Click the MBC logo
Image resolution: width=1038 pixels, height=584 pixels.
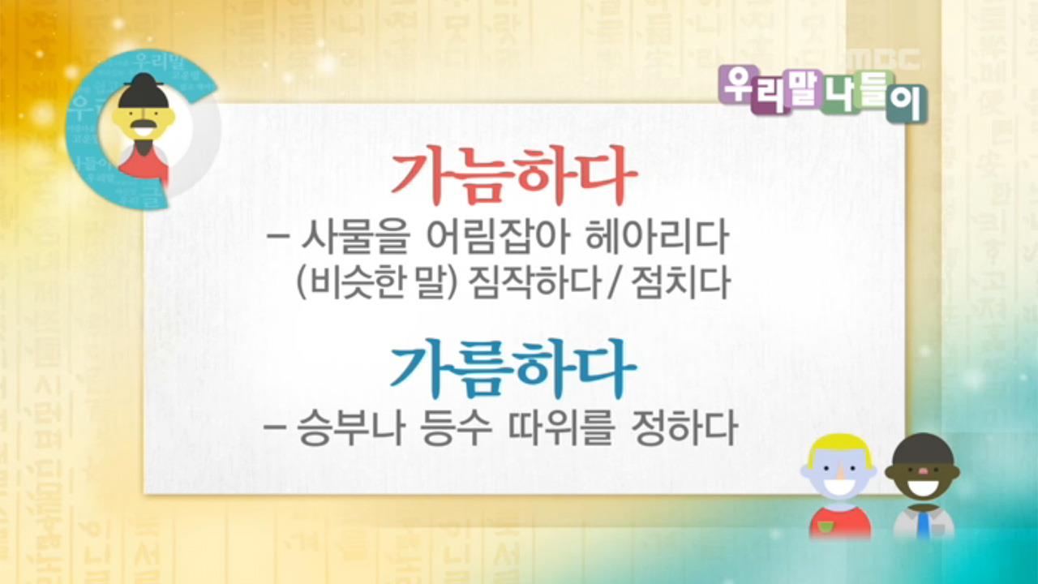pyautogui.click(x=884, y=60)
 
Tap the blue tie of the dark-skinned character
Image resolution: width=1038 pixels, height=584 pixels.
pyautogui.click(x=924, y=523)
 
